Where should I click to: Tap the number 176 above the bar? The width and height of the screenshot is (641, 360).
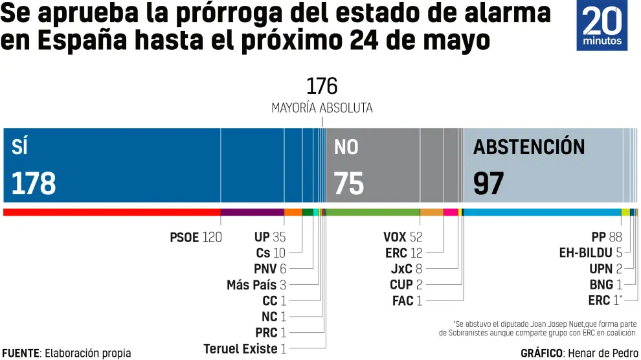321,86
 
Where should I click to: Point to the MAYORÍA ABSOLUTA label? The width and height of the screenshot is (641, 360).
322,108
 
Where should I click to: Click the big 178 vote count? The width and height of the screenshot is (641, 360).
34,184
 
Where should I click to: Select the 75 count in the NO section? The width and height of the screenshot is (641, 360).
348,184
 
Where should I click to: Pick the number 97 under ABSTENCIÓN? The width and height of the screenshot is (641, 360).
488,184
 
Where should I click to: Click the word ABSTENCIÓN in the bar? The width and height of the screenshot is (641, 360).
528,147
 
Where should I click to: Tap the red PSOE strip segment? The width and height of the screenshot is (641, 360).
111,212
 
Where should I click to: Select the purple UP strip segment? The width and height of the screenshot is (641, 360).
252,212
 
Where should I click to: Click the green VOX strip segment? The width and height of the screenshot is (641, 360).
374,212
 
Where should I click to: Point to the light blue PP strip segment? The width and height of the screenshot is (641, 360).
542,212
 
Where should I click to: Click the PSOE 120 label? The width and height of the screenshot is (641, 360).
196,238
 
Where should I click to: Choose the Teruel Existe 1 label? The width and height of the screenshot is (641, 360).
245,349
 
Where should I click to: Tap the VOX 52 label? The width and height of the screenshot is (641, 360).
402,238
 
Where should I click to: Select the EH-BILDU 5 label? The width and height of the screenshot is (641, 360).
590,253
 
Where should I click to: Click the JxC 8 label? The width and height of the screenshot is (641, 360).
406,269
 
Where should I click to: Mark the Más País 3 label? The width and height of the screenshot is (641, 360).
256,285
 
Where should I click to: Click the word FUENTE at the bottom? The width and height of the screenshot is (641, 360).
21,353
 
